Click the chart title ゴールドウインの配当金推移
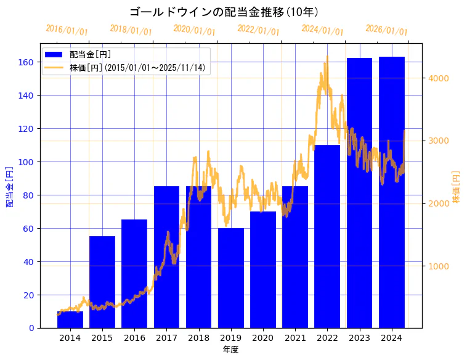[x=224, y=12]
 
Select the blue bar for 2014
[x=70, y=320]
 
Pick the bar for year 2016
[x=134, y=274]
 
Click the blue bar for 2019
[x=231, y=278]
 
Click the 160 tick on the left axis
[x=26, y=62]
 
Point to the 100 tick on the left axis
[x=26, y=162]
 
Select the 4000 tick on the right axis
[x=439, y=78]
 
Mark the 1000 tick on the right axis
[x=439, y=266]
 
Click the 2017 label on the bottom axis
[x=166, y=338]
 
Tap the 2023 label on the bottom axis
[x=359, y=338]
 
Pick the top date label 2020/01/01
[x=194, y=30]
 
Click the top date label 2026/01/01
[x=386, y=30]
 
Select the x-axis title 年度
[x=230, y=350]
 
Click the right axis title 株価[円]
[x=457, y=187]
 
